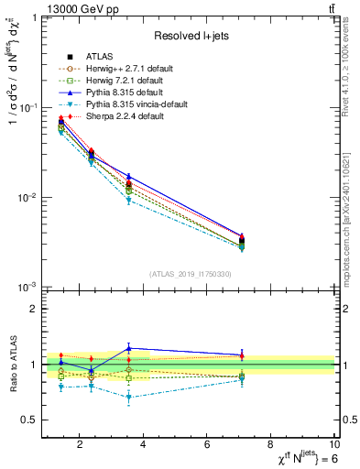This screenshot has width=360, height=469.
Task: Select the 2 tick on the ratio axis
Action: click(35, 309)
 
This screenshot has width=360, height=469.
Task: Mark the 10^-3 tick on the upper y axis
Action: click(27, 288)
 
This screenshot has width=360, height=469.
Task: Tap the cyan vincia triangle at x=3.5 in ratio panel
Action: click(129, 398)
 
